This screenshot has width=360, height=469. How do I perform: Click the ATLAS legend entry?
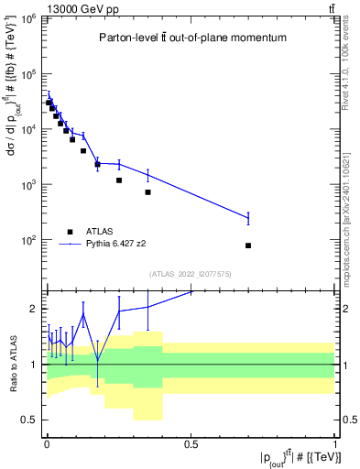[98, 232]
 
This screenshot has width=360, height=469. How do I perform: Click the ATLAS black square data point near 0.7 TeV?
[248, 245]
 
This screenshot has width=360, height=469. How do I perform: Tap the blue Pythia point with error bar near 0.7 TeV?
[248, 218]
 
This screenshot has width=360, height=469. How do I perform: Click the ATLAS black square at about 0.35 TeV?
[147, 192]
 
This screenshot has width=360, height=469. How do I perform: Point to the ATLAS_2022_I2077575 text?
[191, 273]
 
